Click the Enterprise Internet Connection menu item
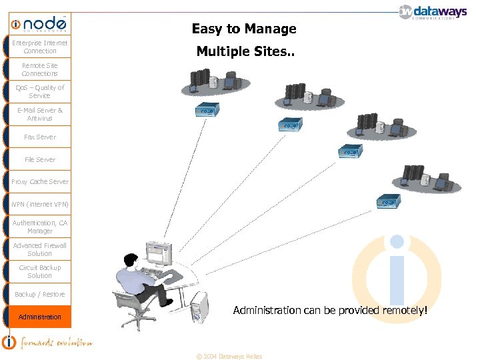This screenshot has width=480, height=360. click(39, 47)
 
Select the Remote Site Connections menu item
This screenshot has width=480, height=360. click(39, 69)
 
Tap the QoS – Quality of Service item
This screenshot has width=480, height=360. click(39, 91)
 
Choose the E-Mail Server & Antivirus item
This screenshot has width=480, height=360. click(39, 114)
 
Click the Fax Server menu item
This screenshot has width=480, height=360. click(39, 137)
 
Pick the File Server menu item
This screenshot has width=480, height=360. click(39, 159)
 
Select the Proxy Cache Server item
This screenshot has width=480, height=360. click(39, 181)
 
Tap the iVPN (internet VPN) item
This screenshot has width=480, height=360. click(39, 204)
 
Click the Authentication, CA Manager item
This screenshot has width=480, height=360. click(39, 227)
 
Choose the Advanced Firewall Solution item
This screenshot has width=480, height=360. click(39, 249)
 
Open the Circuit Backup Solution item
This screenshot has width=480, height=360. click(39, 271)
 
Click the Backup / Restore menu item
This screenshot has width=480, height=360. click(39, 294)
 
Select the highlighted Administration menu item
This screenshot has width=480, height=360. click(39, 317)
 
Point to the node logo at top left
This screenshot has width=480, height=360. click(39, 24)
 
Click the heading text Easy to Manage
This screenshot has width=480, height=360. click(244, 29)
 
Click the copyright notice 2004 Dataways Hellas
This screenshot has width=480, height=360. click(229, 356)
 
